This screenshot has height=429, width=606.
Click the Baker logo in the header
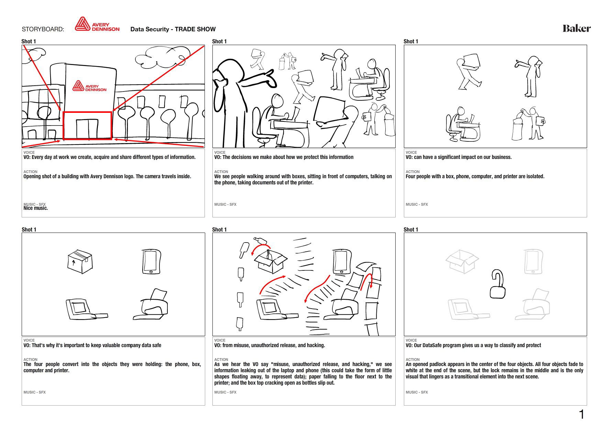pos(576,28)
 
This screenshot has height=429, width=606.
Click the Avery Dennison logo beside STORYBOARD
pos(97,25)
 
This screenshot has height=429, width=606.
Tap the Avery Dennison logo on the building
pos(90,86)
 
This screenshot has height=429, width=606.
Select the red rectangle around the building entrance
pos(87,125)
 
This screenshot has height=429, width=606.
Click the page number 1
pos(582,414)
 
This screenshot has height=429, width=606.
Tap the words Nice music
pos(36,208)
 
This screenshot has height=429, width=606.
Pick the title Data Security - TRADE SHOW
pos(173,29)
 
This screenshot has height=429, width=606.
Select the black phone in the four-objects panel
pos(151,261)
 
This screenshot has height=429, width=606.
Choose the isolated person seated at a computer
pos(462,124)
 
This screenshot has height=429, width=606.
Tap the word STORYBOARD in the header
pos(43,29)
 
